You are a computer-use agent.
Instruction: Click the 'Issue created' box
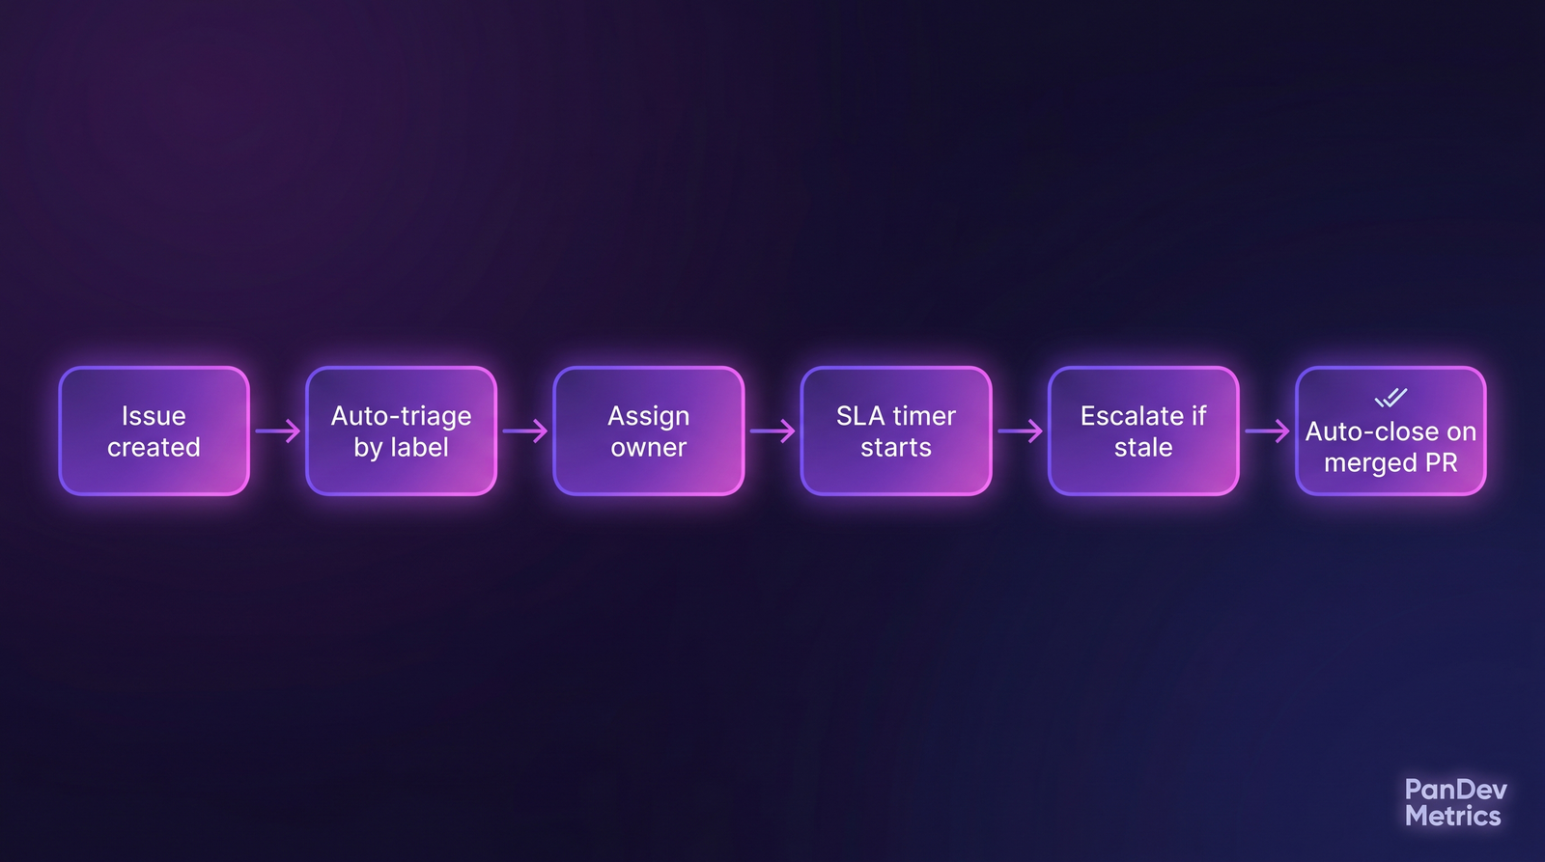[x=154, y=431]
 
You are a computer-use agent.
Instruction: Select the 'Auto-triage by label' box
[x=401, y=431]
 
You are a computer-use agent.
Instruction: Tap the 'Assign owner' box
[x=648, y=431]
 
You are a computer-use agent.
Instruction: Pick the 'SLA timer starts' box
[x=896, y=431]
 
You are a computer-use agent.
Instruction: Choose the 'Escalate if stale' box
[x=1143, y=431]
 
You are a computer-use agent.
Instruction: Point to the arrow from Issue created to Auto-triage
[x=278, y=431]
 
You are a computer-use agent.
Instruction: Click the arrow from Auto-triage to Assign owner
[x=525, y=431]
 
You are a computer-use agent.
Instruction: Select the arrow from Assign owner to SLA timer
[x=772, y=431]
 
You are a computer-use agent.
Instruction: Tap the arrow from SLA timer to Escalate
[x=1020, y=431]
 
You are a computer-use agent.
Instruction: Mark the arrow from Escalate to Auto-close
[x=1267, y=431]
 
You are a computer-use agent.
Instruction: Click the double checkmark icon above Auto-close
[x=1390, y=398]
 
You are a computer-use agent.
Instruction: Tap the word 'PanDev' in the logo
[x=1455, y=790]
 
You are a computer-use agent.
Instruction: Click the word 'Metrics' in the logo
[x=1452, y=817]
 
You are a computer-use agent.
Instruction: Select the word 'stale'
[x=1143, y=448]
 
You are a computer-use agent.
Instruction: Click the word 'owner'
[x=648, y=448]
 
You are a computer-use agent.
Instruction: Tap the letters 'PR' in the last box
[x=1441, y=463]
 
